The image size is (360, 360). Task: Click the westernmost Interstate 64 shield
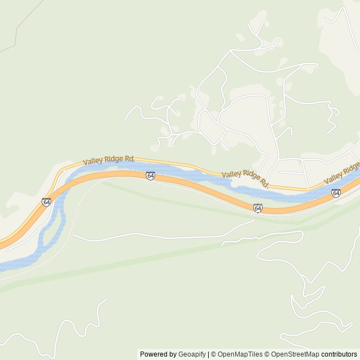[x=46, y=202]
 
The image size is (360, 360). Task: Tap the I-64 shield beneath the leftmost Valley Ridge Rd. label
[x=150, y=176]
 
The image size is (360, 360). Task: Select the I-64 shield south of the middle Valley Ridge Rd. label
[x=258, y=208]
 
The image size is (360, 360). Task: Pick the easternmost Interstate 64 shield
[x=336, y=193]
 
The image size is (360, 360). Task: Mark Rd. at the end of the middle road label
[x=264, y=184]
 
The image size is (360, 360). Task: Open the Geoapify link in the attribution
[x=192, y=354]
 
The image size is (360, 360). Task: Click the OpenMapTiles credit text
[x=240, y=354]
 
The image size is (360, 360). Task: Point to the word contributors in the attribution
[x=339, y=354]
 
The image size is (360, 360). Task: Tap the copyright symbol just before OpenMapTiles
[x=214, y=354]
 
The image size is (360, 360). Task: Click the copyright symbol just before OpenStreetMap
[x=268, y=354]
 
